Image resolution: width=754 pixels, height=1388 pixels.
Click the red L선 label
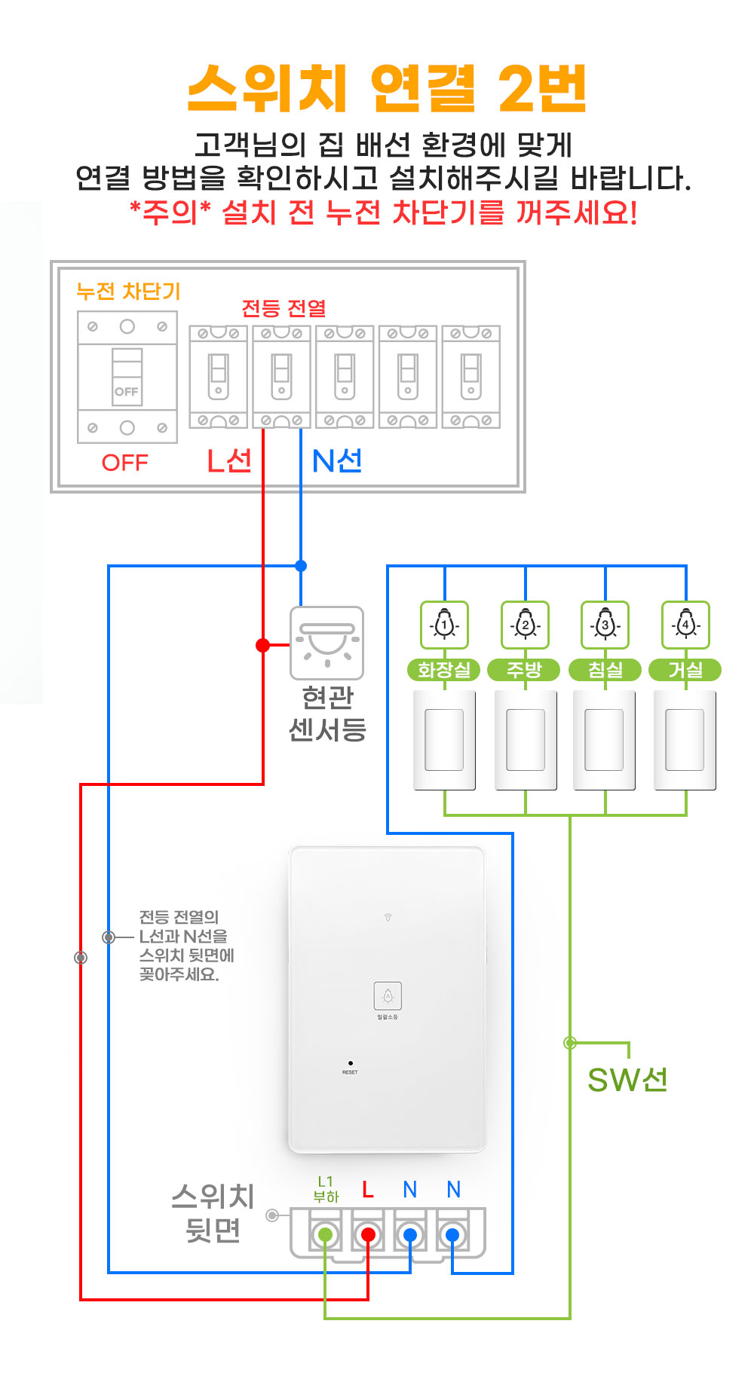229,460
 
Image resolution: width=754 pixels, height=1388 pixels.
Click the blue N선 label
337,460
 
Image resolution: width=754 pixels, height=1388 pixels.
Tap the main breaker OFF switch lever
127,377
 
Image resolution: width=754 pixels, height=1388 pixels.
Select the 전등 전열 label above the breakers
284,308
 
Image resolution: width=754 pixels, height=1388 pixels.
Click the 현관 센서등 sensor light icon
327,643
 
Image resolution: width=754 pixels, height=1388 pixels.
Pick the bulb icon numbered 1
445,625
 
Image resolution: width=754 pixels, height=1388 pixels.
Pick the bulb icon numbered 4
685,625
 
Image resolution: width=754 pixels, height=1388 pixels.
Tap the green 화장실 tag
444,670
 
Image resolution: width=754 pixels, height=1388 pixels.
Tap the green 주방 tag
525,670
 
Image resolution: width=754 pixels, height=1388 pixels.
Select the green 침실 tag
605,670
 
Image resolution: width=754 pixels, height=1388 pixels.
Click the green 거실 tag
685,670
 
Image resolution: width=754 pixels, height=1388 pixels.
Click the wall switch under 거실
685,740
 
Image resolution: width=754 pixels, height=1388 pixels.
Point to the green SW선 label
627,1080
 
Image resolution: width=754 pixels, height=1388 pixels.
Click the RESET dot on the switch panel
350,1063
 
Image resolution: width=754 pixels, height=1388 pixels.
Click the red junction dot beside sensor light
262,645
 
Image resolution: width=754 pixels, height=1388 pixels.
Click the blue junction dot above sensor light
301,566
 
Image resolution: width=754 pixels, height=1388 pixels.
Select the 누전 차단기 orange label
128,292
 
